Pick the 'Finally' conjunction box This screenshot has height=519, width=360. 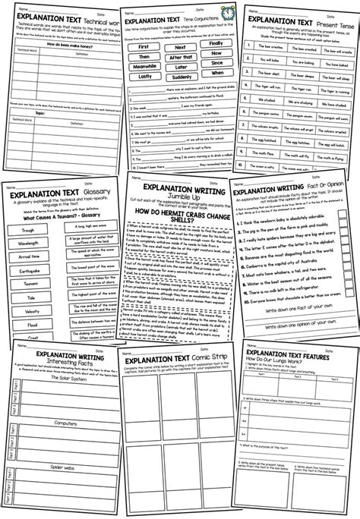pyautogui.click(x=214, y=46)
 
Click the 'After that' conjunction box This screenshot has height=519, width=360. pyautogui.click(x=182, y=57)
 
